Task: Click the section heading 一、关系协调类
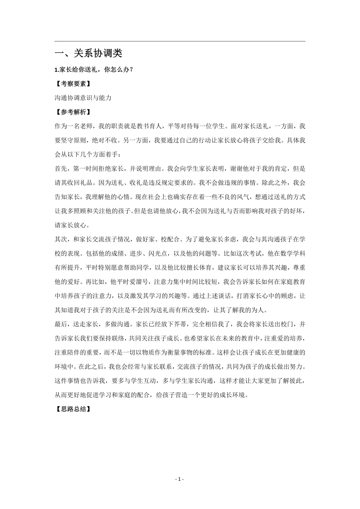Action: [x=88, y=53]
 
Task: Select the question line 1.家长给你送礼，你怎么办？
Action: [x=94, y=70]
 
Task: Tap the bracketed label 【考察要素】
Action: [x=72, y=84]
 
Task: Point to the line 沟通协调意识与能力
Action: [x=83, y=98]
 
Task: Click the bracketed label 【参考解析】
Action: [x=72, y=112]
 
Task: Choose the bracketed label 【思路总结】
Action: [x=72, y=409]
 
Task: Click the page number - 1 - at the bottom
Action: [x=180, y=479]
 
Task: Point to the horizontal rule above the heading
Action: [x=180, y=41]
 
